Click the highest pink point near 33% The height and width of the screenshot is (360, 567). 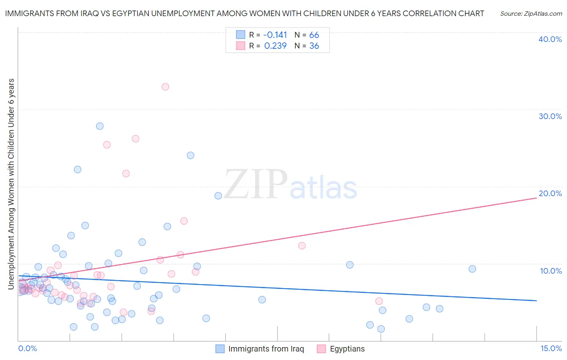(x=165, y=87)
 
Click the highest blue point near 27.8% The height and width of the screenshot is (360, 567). (x=100, y=126)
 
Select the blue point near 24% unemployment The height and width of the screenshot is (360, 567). (x=190, y=155)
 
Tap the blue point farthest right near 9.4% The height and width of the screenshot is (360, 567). (x=472, y=269)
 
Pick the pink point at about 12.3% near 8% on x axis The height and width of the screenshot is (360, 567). (x=302, y=246)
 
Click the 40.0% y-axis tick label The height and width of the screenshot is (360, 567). (x=550, y=40)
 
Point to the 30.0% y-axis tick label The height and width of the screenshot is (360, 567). (x=550, y=117)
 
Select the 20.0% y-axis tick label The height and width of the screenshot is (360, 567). (x=550, y=194)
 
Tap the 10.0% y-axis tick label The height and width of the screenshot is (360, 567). (x=550, y=271)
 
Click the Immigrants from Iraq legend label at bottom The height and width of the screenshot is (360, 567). (x=266, y=349)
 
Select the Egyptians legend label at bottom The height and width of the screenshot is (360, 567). (x=347, y=349)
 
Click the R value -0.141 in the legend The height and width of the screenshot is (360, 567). (x=275, y=35)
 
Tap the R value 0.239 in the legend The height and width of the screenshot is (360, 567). (x=275, y=46)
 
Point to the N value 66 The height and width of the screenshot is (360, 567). (x=314, y=35)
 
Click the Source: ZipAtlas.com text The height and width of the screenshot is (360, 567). (x=531, y=14)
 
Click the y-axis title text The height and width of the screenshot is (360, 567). (x=11, y=184)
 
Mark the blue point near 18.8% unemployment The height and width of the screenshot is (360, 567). (x=218, y=196)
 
